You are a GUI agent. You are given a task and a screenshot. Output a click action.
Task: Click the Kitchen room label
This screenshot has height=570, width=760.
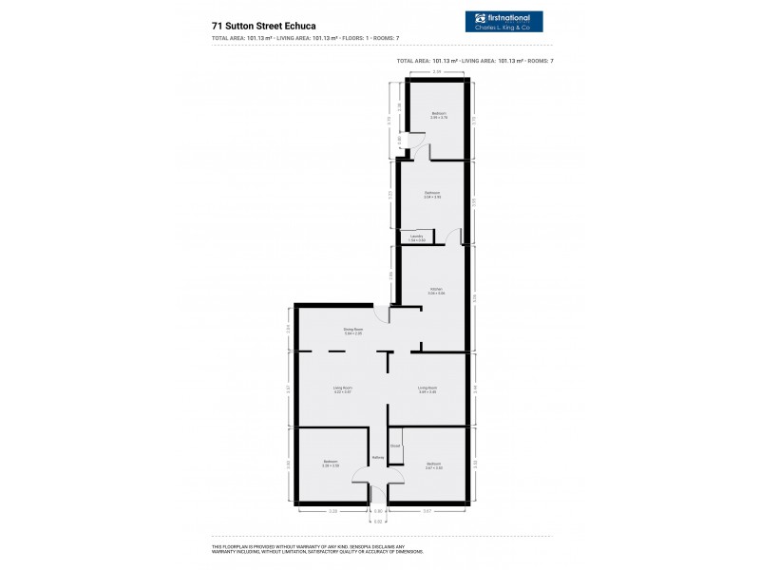pos(436,290)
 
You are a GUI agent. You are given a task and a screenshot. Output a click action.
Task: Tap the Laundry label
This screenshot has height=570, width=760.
pos(416,237)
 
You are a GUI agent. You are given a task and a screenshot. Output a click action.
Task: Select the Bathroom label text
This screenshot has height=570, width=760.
pos(432,194)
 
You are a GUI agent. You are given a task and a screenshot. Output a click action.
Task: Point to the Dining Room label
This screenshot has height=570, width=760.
pos(353,331)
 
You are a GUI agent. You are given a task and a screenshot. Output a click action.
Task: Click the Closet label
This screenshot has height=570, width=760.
pos(394,445)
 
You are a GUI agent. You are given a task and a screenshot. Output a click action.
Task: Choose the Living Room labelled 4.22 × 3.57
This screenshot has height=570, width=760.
pos(342,389)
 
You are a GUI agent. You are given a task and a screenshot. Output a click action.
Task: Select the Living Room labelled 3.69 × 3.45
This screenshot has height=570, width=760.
pos(427,389)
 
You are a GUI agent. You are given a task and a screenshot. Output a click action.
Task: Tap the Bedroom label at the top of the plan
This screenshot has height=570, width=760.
pos(439,114)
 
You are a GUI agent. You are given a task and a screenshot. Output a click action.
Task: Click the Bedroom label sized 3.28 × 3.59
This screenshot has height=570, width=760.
pos(331,464)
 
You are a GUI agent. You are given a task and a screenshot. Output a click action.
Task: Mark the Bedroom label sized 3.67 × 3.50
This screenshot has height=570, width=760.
pos(433,464)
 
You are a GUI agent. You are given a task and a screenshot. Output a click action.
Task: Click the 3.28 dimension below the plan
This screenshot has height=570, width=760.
pos(332,511)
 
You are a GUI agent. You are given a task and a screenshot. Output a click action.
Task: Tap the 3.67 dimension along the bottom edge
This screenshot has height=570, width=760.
pos(427,511)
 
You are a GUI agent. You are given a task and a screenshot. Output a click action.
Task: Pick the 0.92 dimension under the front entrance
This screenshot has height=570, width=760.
pos(377,521)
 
